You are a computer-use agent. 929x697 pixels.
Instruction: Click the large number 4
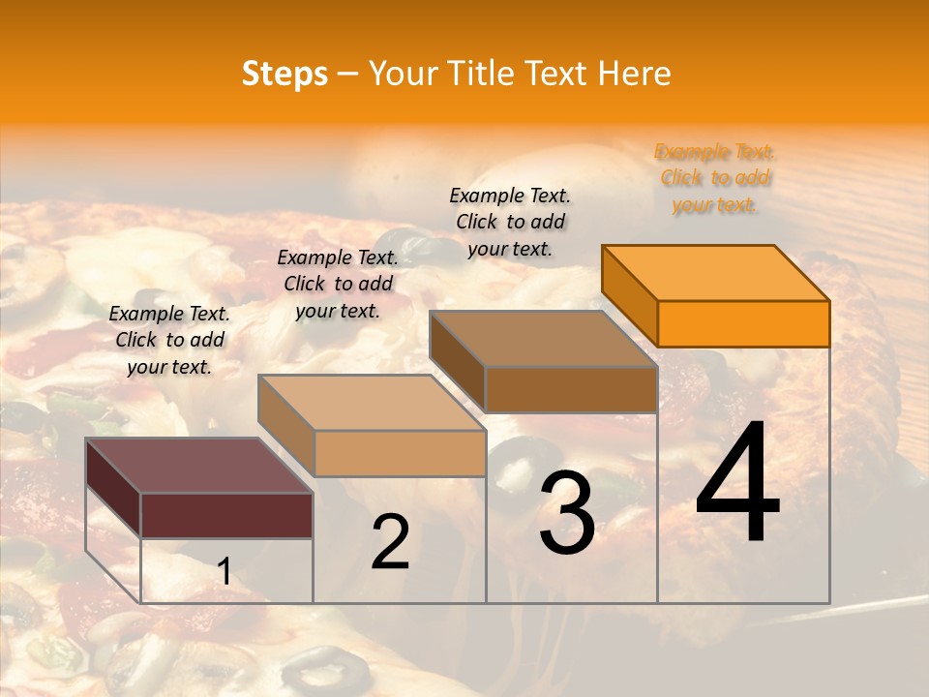737,484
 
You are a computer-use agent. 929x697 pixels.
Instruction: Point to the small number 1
224,572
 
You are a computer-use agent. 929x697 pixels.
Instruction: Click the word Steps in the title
285,74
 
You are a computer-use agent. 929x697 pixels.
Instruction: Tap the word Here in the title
635,74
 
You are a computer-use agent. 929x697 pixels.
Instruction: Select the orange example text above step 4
715,178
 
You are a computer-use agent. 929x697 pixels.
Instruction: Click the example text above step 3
510,222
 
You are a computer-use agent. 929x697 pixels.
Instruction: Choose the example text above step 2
338,284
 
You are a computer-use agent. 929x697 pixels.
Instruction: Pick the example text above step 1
169,340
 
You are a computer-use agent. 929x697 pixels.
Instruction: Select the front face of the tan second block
400,453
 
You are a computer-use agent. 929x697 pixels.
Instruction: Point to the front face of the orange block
743,323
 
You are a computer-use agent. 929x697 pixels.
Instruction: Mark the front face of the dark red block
226,515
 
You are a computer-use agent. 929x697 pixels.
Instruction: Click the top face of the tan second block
372,402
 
